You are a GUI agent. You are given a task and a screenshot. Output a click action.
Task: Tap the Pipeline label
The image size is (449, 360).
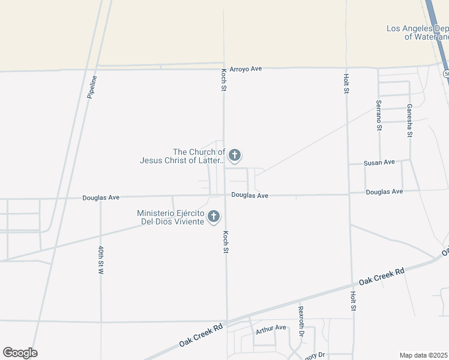[92, 86]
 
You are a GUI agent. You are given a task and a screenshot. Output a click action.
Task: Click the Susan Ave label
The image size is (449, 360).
[379, 163]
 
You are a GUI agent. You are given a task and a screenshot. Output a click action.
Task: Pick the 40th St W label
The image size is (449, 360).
[101, 260]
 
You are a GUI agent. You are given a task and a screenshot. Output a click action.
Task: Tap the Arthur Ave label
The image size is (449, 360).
[271, 328]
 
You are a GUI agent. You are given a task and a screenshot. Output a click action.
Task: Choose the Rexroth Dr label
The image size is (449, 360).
[301, 321]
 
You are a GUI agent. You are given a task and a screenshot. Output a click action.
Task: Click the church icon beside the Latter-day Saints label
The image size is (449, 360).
[235, 157]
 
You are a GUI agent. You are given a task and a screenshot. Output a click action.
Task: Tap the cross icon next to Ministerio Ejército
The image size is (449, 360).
[214, 217]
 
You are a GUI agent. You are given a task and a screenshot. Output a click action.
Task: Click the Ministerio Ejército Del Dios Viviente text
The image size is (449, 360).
[170, 217]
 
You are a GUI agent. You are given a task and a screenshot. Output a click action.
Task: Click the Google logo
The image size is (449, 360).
[20, 353]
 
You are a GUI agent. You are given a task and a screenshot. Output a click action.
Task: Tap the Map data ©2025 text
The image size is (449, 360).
[424, 355]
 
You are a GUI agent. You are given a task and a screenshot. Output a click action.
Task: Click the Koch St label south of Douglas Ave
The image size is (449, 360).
[226, 241]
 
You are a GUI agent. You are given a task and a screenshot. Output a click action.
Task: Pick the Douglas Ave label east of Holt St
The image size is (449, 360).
[384, 192]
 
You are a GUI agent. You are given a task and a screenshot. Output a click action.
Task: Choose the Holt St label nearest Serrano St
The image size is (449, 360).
[346, 84]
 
